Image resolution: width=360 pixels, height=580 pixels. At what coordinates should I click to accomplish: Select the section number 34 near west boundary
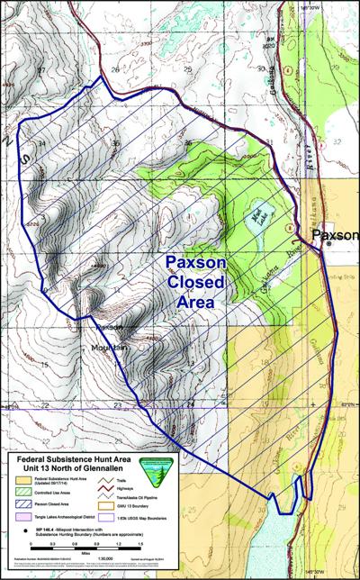tap(40, 143)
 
